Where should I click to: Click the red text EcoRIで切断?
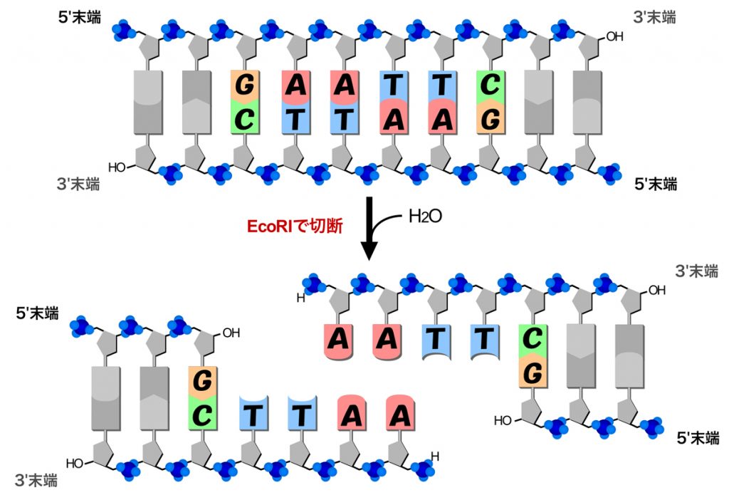[295, 226]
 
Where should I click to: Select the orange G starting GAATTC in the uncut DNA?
[244, 85]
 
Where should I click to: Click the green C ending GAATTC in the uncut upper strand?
[489, 85]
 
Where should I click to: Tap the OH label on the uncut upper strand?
[614, 35]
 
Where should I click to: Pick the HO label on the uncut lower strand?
[117, 168]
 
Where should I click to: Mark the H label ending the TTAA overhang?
[435, 456]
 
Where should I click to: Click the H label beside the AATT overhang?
[300, 298]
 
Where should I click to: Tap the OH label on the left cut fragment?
[231, 332]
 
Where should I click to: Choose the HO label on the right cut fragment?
[502, 420]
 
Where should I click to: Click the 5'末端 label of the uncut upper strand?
[84, 17]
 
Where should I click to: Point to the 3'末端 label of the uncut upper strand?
[654, 17]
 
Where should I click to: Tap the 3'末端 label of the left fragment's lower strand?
[36, 480]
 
